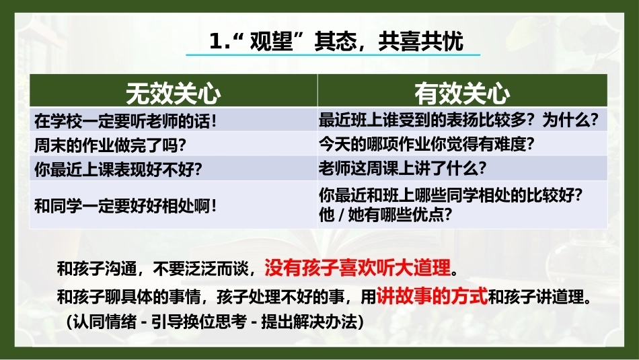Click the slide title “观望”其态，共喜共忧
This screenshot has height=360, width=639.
(x=336, y=41)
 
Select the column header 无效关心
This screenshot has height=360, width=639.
(x=173, y=94)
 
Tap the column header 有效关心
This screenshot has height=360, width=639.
(x=462, y=94)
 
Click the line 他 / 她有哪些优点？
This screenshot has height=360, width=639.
(x=385, y=215)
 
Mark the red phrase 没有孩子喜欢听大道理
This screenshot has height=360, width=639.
(x=357, y=268)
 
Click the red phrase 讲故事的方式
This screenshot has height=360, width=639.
(x=432, y=296)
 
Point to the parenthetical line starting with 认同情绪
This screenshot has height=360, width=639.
(x=215, y=321)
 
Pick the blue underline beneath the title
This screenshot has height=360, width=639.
(x=333, y=55)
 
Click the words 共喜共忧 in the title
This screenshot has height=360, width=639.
(x=420, y=41)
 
